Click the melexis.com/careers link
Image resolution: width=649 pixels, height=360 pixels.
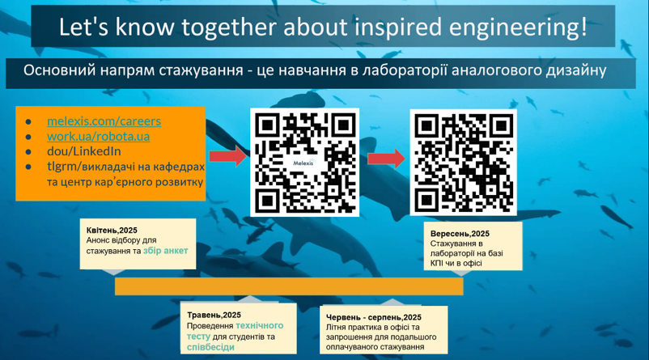[x=104, y=121]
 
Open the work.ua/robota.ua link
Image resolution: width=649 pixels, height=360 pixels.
[x=98, y=136]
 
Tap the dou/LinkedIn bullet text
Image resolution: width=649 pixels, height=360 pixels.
[x=84, y=151]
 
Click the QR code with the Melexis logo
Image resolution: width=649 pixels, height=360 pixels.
[x=304, y=163]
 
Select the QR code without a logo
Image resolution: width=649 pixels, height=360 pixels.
[x=464, y=163]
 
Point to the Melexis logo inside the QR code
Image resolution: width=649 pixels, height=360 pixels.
[x=303, y=163]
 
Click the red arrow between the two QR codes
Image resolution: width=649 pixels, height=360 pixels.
[x=387, y=159]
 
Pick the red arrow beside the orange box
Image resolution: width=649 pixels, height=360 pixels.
[x=228, y=156]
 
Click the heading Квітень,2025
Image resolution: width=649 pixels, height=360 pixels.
[x=112, y=231]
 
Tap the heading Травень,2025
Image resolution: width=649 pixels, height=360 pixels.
[x=214, y=316]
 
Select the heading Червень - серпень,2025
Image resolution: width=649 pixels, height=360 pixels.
[x=374, y=317]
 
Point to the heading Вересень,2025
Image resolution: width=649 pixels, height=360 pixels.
[x=460, y=234]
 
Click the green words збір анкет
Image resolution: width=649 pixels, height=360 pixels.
[x=166, y=251]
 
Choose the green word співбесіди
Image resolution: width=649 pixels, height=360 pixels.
[x=210, y=347]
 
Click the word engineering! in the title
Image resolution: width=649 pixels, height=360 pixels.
[x=518, y=28]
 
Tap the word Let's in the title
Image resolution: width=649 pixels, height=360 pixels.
[x=84, y=27]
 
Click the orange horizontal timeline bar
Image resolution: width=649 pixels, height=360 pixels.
[x=289, y=286]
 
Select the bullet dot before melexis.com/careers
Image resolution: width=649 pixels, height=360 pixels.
[x=28, y=122]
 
